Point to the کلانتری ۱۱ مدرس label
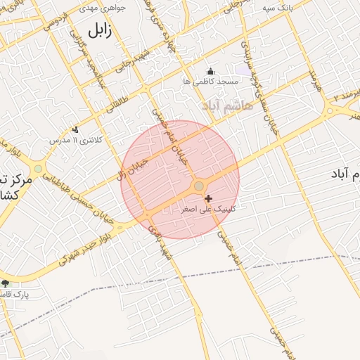[75, 140]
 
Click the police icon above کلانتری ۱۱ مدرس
[75, 129]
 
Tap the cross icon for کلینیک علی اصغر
[207, 199]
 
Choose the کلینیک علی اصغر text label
[209, 210]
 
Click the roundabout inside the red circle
[199, 186]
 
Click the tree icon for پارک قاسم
[6, 283]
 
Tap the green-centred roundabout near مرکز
[37, 169]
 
